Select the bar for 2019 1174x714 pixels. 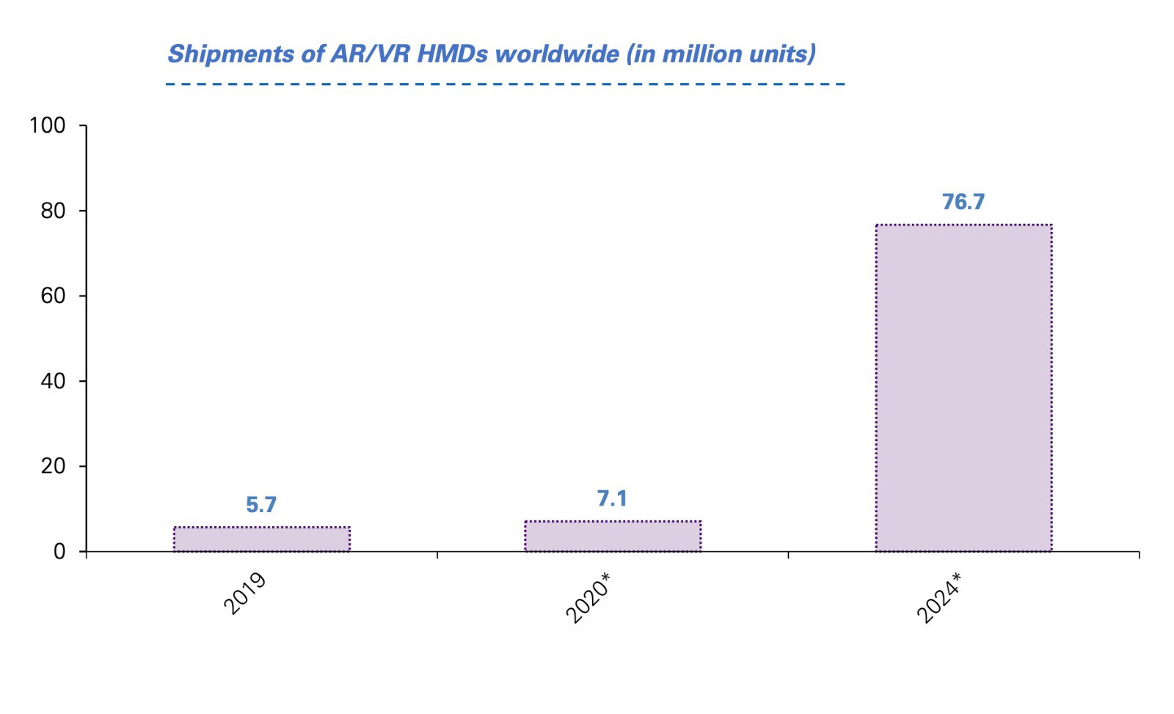coord(262,539)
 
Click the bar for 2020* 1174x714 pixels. coord(613,536)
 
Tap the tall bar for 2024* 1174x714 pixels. coord(963,387)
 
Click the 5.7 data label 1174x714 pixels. coord(261,505)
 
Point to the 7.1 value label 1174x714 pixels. coord(612,499)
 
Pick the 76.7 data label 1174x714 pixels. coord(963,202)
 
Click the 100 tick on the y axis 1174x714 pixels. coord(48,125)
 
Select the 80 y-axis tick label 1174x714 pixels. coord(53,211)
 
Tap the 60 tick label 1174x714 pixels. coord(53,296)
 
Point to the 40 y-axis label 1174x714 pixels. coord(53,381)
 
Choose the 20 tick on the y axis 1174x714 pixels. coord(53,466)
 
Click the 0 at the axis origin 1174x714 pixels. coord(59,552)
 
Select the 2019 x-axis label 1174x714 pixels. coord(244,594)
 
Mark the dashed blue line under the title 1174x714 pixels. coord(506,84)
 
